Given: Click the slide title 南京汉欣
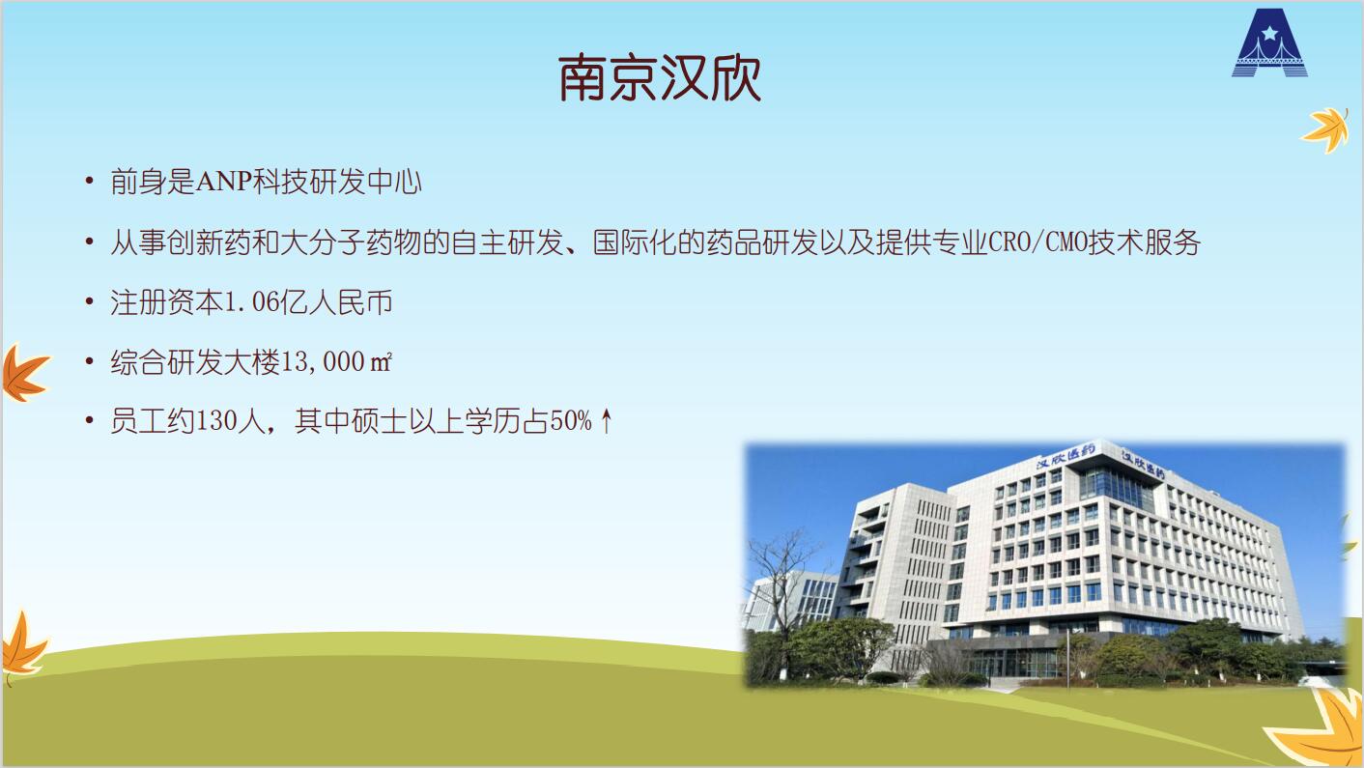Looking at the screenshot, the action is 660,78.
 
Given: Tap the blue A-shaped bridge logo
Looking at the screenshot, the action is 1269,43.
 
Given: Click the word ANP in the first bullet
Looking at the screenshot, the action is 223,182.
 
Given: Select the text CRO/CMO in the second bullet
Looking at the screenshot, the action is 1038,242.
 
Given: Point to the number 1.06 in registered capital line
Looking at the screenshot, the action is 252,302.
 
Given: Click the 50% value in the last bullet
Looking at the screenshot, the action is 571,421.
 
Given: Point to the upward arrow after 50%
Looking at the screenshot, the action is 606,421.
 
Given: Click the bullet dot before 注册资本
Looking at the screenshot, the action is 90,301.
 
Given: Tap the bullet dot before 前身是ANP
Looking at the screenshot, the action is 90,181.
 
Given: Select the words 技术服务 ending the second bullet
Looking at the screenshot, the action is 1145,242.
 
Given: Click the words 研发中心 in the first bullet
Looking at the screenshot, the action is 365,182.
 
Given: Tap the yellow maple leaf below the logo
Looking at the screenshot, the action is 1325,129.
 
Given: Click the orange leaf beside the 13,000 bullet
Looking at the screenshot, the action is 24,373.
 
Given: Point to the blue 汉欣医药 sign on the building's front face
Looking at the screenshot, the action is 1065,456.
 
